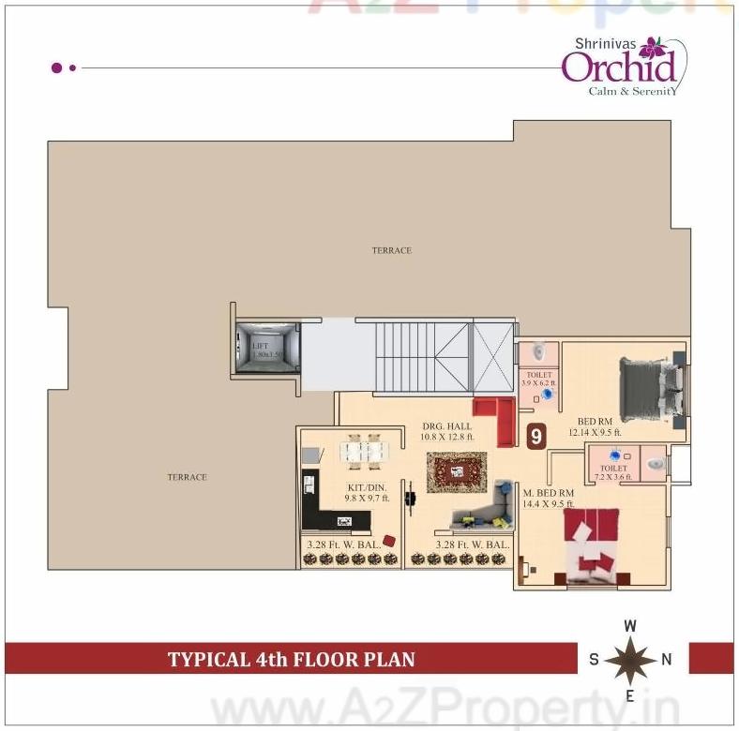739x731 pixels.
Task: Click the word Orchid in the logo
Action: point(618,67)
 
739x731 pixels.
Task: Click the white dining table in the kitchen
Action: point(364,452)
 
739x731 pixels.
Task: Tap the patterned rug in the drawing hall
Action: point(457,472)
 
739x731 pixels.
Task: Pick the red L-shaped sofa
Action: point(493,419)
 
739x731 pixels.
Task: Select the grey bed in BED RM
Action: point(649,392)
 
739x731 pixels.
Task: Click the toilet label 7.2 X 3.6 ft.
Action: point(614,471)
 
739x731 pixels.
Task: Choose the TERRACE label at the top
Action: point(391,250)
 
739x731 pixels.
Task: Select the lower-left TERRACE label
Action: point(187,477)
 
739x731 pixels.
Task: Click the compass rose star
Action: point(631,659)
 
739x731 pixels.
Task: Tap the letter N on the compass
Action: point(667,659)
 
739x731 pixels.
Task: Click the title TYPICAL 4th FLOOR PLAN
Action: point(291,659)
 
